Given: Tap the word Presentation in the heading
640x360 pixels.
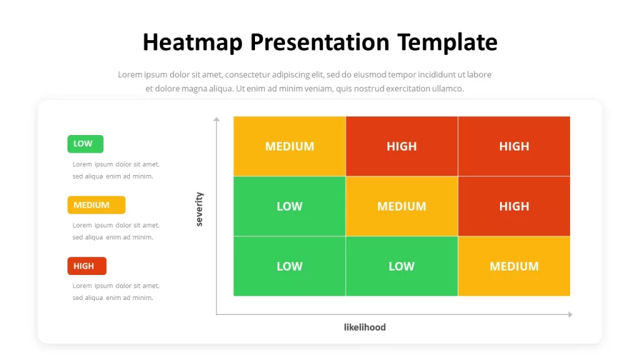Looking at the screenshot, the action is (320, 42).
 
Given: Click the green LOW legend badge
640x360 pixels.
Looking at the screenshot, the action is (85, 144).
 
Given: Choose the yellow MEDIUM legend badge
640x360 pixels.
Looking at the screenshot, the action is (96, 205).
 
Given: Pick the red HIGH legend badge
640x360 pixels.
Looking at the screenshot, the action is (87, 266).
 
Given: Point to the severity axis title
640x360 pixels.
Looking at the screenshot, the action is (199, 209).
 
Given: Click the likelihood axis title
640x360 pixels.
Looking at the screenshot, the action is (365, 327).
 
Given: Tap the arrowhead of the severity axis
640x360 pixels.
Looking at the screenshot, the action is (216, 119).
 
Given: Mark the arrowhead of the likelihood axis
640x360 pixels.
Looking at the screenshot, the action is (570, 314).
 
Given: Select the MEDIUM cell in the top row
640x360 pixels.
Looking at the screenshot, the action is (289, 146).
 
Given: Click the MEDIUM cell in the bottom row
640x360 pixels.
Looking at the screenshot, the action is (514, 266).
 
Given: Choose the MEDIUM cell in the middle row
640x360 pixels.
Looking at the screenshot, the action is (402, 206).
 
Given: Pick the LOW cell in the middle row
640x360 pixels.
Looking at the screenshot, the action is (289, 206).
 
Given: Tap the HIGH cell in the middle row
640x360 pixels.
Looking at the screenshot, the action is (514, 206).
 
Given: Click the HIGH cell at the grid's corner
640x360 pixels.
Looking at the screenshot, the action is (514, 146).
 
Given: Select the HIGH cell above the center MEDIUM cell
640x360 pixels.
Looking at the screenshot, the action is (402, 146).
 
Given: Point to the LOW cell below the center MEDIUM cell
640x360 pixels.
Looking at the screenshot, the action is (402, 266).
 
